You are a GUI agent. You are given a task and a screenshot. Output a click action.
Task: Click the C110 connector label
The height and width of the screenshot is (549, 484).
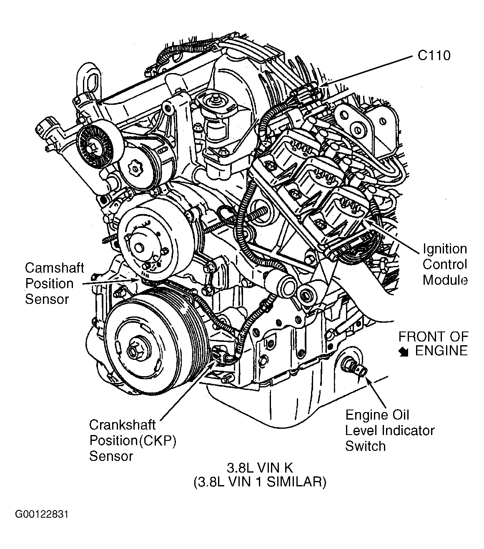coord(434,56)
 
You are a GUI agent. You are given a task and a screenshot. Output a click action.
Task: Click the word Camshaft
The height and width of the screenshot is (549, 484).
coord(55,268)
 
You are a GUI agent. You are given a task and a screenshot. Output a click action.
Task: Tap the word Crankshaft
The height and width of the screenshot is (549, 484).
coord(122,425)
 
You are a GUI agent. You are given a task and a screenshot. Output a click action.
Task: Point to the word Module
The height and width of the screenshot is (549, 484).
coord(445,280)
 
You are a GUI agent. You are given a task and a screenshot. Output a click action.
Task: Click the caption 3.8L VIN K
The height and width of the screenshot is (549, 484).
coord(260,468)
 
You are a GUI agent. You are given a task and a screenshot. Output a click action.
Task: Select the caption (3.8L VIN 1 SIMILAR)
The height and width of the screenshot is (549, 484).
coord(260,483)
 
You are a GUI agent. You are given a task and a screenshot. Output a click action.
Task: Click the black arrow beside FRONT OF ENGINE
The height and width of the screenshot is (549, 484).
coord(403,352)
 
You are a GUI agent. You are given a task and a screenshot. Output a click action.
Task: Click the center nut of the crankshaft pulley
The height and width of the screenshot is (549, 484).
coord(133,352)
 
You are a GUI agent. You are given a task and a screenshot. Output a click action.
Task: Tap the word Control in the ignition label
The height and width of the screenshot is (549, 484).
coord(445,264)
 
